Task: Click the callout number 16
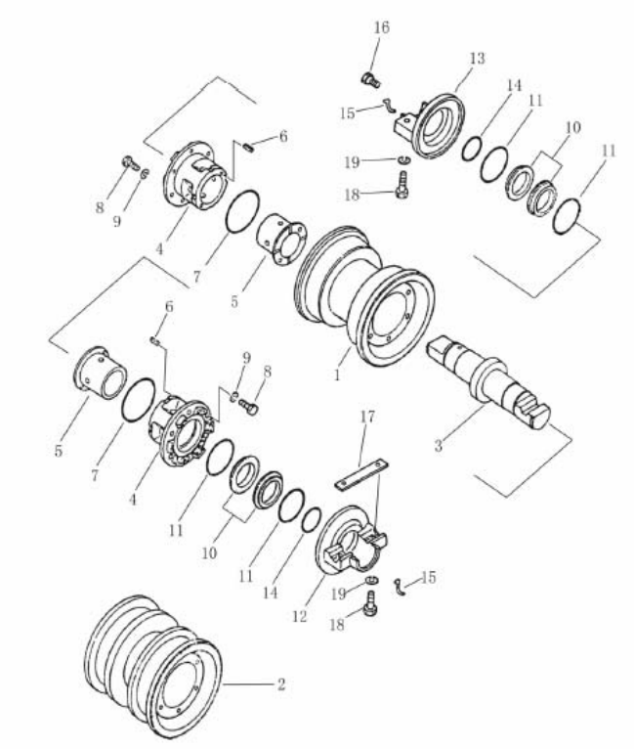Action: pyautogui.click(x=382, y=27)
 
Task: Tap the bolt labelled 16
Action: pyautogui.click(x=370, y=80)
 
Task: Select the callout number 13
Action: pyautogui.click(x=477, y=59)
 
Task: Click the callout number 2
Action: pyautogui.click(x=281, y=684)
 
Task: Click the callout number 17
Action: pyautogui.click(x=367, y=417)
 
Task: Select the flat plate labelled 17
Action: pyautogui.click(x=361, y=476)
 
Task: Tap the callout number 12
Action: pyautogui.click(x=300, y=616)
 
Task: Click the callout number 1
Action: pyautogui.click(x=337, y=374)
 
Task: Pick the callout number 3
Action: pyautogui.click(x=439, y=445)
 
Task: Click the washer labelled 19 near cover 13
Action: pyautogui.click(x=404, y=159)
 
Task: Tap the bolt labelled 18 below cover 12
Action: pyautogui.click(x=370, y=603)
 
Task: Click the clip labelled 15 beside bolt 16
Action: pyautogui.click(x=389, y=106)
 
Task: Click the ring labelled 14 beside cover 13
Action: pyautogui.click(x=471, y=149)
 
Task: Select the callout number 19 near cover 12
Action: pyautogui.click(x=338, y=594)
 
